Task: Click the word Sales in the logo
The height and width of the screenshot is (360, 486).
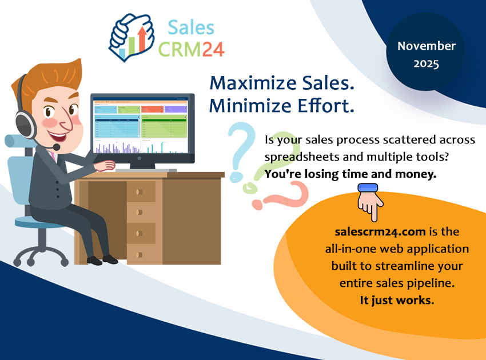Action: [191, 26]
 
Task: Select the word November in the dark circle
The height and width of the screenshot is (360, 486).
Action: [427, 46]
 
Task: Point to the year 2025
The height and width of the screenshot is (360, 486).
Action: [427, 64]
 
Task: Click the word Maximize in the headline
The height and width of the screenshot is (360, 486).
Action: [246, 83]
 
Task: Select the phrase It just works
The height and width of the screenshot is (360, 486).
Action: [397, 300]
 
